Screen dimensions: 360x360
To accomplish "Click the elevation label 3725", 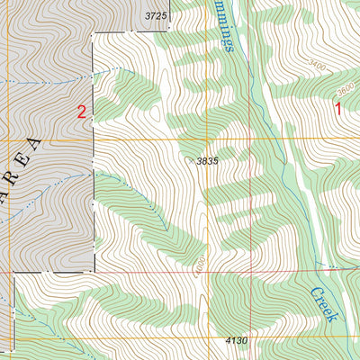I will coord(157,16).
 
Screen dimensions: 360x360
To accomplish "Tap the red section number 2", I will coord(82,112).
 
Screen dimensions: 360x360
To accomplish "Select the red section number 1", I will coord(338,110).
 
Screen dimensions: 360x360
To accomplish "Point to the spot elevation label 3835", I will coord(209,160).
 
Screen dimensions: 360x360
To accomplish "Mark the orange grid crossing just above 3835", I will coord(208,139).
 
